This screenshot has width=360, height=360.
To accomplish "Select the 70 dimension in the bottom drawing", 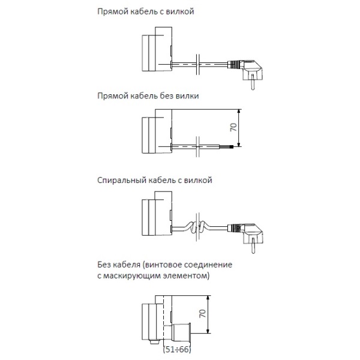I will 201,313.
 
